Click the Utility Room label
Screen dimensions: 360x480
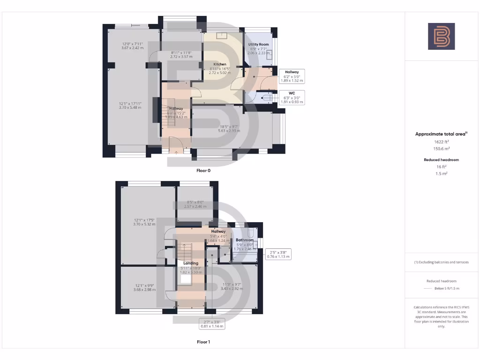pyautogui.click(x=258, y=44)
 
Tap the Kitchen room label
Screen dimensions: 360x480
pyautogui.click(x=220, y=64)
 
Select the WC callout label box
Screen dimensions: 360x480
pyautogui.click(x=291, y=97)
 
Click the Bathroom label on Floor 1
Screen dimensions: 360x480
pyautogui.click(x=244, y=240)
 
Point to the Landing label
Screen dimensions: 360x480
pyautogui.click(x=190, y=263)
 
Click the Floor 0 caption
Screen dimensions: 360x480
pyautogui.click(x=203, y=171)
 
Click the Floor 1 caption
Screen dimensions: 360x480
pyautogui.click(x=203, y=342)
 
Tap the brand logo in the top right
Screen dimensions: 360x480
pyautogui.click(x=441, y=36)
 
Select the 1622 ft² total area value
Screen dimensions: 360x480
pyautogui.click(x=441, y=141)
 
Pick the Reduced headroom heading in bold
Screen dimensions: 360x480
pyautogui.click(x=441, y=160)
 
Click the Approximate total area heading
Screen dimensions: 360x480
pyautogui.click(x=441, y=134)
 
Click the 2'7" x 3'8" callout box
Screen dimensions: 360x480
pyautogui.click(x=209, y=324)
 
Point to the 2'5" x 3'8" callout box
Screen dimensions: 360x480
pyautogui.click(x=278, y=254)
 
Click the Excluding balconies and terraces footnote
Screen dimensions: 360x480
pyautogui.click(x=442, y=262)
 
